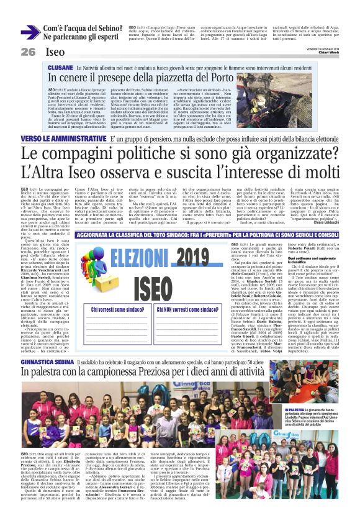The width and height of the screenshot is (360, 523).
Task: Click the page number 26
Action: pyautogui.click(x=29, y=52)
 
